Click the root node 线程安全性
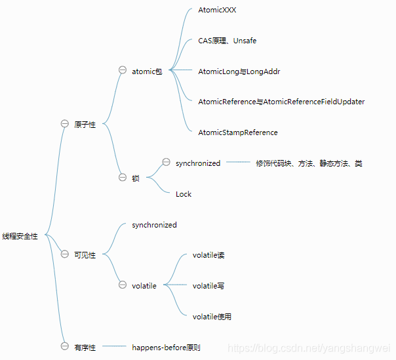(20, 237)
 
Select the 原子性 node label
(85, 125)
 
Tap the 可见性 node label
(85, 255)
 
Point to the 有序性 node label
(85, 348)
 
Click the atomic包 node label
(147, 71)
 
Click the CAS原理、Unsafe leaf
(227, 41)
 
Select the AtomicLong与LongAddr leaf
(239, 71)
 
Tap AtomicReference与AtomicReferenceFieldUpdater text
(281, 102)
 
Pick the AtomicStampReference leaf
(237, 132)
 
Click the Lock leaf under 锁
(184, 194)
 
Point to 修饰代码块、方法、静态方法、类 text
(309, 163)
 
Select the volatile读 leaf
(208, 255)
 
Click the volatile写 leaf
(208, 286)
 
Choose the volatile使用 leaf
(212, 317)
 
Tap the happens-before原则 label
(166, 348)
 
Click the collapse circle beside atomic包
(123, 70)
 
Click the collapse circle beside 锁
(123, 177)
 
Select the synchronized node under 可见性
(154, 225)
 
